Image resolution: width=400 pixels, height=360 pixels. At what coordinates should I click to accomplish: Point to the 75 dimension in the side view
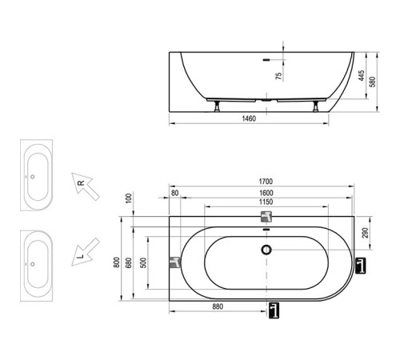pos(278,77)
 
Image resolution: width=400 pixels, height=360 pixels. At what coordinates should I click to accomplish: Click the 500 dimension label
pos(142,265)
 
